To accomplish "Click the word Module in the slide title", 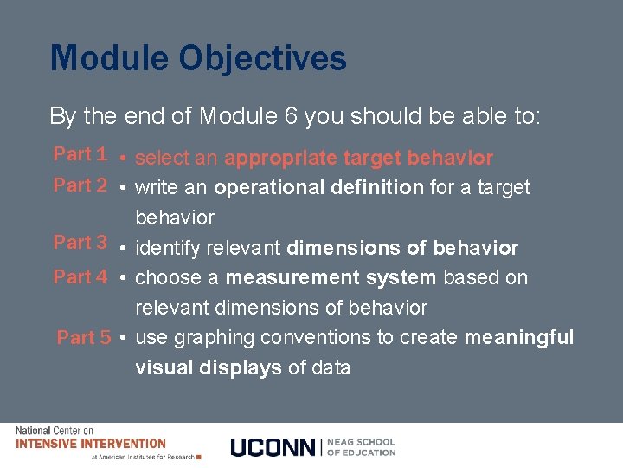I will tap(109, 59).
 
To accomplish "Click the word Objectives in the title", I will tap(263, 59).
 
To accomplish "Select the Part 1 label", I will tap(80, 154).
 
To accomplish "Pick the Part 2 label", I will tap(80, 185).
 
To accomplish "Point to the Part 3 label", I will tap(80, 243).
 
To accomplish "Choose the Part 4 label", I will tap(80, 277).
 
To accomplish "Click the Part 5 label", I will tap(84, 338).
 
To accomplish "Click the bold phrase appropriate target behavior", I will tap(358, 159).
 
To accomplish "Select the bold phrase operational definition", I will tap(318, 187).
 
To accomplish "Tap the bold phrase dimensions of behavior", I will tap(402, 249).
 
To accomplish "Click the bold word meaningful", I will tap(519, 337).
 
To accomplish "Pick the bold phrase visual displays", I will tap(209, 367).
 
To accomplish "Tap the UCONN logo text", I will tap(274, 447).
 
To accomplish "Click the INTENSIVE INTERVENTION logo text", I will tap(91, 443).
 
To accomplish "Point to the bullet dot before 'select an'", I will tap(125, 159).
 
